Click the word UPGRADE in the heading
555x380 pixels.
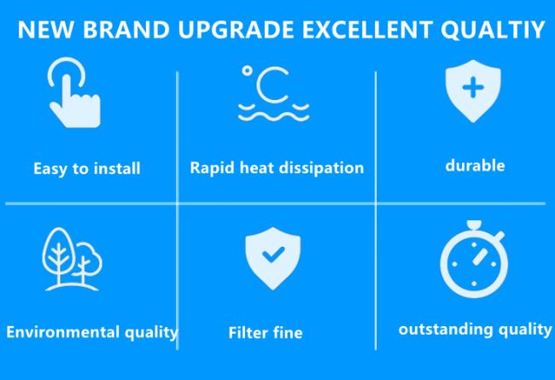[x=236, y=29]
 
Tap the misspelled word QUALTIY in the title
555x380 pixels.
[x=493, y=30]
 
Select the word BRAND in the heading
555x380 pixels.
[x=126, y=29]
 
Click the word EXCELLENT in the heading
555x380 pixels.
[x=367, y=29]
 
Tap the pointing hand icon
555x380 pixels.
[x=74, y=92]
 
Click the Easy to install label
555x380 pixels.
[x=87, y=168]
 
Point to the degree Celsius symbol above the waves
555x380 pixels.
[x=266, y=84]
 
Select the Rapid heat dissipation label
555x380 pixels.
[x=277, y=167]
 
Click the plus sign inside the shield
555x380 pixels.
[x=473, y=88]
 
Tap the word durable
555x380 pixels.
[x=475, y=166]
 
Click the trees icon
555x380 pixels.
[x=73, y=260]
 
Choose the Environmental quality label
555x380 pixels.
[x=92, y=332]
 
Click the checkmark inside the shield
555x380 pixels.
[x=273, y=254]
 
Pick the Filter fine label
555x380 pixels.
[x=266, y=333]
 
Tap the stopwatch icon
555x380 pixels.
[x=474, y=260]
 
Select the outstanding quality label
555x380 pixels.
[x=475, y=330]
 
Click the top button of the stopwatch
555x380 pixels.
[x=474, y=225]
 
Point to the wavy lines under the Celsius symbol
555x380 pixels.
[x=273, y=112]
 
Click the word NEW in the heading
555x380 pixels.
[x=46, y=29]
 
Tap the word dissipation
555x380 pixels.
[x=321, y=167]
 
